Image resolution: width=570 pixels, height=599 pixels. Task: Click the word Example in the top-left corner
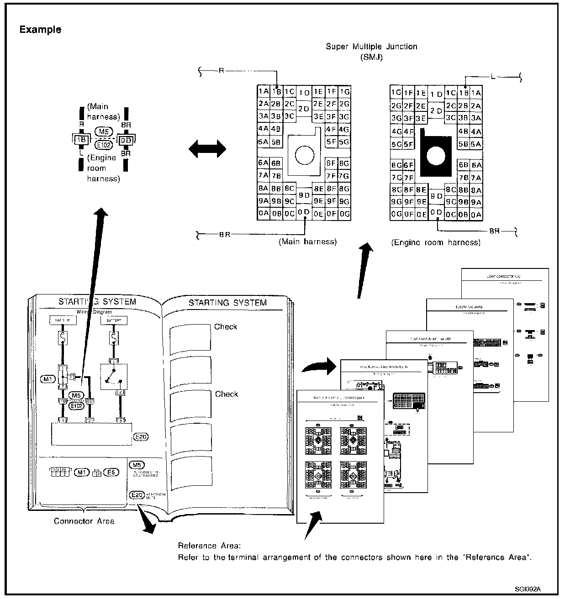[x=40, y=30]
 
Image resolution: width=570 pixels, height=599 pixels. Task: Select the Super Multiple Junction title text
[x=371, y=47]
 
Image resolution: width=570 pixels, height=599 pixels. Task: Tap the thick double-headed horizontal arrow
[x=207, y=149]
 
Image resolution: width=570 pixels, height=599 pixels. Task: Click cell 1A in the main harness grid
[x=263, y=91]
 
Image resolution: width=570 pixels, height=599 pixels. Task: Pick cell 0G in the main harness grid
[x=345, y=213]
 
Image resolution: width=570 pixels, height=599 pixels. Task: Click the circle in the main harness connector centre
[x=303, y=155]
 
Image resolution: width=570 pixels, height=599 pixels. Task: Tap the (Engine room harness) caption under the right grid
[x=436, y=243]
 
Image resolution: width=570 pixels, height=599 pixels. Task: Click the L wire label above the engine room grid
[x=493, y=77]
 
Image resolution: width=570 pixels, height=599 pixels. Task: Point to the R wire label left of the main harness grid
[x=221, y=71]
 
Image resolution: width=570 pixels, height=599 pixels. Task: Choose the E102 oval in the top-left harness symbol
[x=104, y=145]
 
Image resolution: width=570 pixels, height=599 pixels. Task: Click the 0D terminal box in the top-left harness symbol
[x=126, y=140]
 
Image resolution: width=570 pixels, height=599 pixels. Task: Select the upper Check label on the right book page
[x=226, y=327]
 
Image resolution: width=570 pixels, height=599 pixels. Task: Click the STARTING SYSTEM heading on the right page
[x=227, y=303]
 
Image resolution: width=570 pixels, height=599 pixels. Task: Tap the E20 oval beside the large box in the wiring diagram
[x=141, y=437]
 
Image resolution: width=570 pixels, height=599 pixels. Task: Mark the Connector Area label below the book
[x=84, y=521]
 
